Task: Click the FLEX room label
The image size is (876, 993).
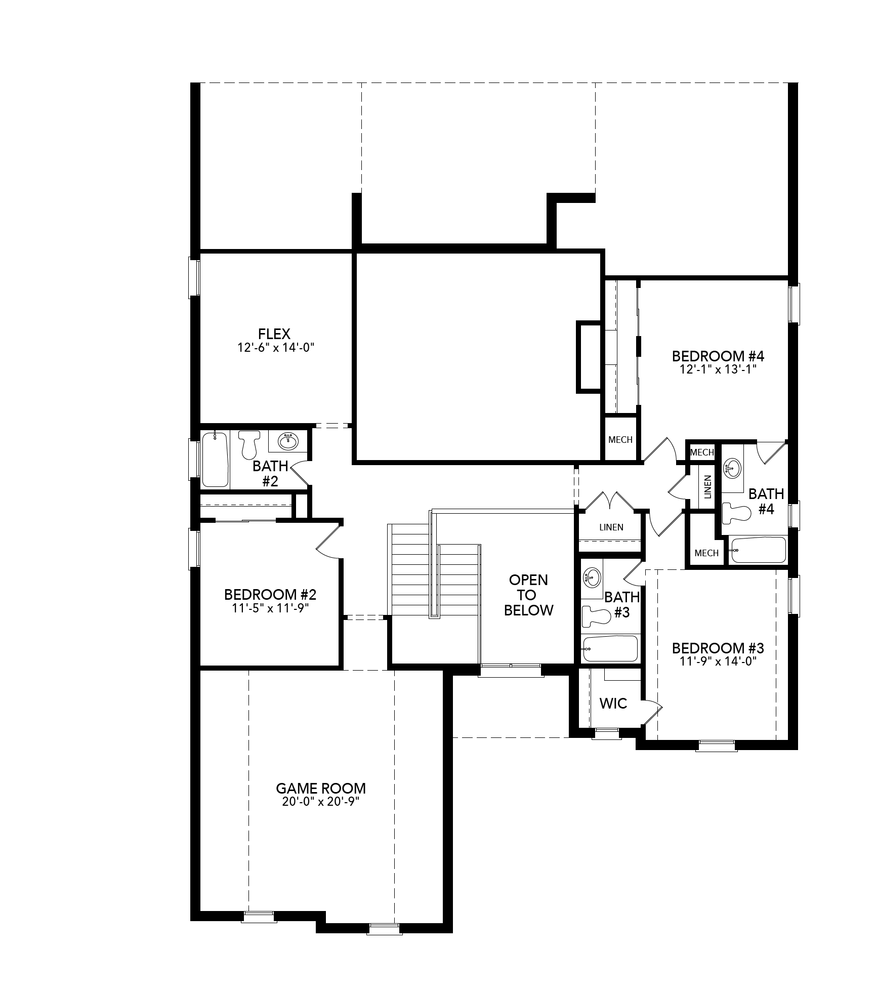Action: point(274,334)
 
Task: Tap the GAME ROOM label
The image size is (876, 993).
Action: point(321,789)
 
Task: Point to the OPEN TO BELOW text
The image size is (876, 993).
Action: point(528,595)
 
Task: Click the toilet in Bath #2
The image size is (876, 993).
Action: point(248,444)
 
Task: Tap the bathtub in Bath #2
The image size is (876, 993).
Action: point(215,459)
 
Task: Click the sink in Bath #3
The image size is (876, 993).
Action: point(592,576)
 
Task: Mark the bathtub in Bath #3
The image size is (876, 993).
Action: point(610,649)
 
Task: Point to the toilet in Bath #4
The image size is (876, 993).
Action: point(735,512)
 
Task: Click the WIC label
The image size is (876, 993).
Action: point(613,703)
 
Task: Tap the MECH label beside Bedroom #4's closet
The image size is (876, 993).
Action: point(620,439)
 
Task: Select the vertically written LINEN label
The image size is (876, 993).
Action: point(707,487)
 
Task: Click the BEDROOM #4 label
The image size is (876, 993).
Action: point(718,356)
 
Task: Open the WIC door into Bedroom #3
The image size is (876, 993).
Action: point(652,714)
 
